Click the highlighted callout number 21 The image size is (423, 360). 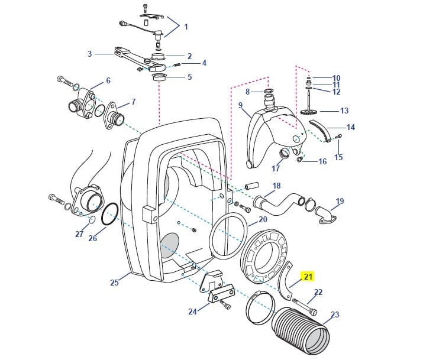click(308, 276)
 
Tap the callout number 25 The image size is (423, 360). click(114, 283)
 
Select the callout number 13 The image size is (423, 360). click(343, 111)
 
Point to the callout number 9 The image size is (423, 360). click(241, 105)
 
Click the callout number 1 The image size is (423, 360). click(185, 27)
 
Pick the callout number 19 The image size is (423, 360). click(339, 202)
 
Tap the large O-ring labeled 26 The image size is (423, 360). click(109, 216)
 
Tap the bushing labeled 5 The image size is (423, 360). click(159, 77)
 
